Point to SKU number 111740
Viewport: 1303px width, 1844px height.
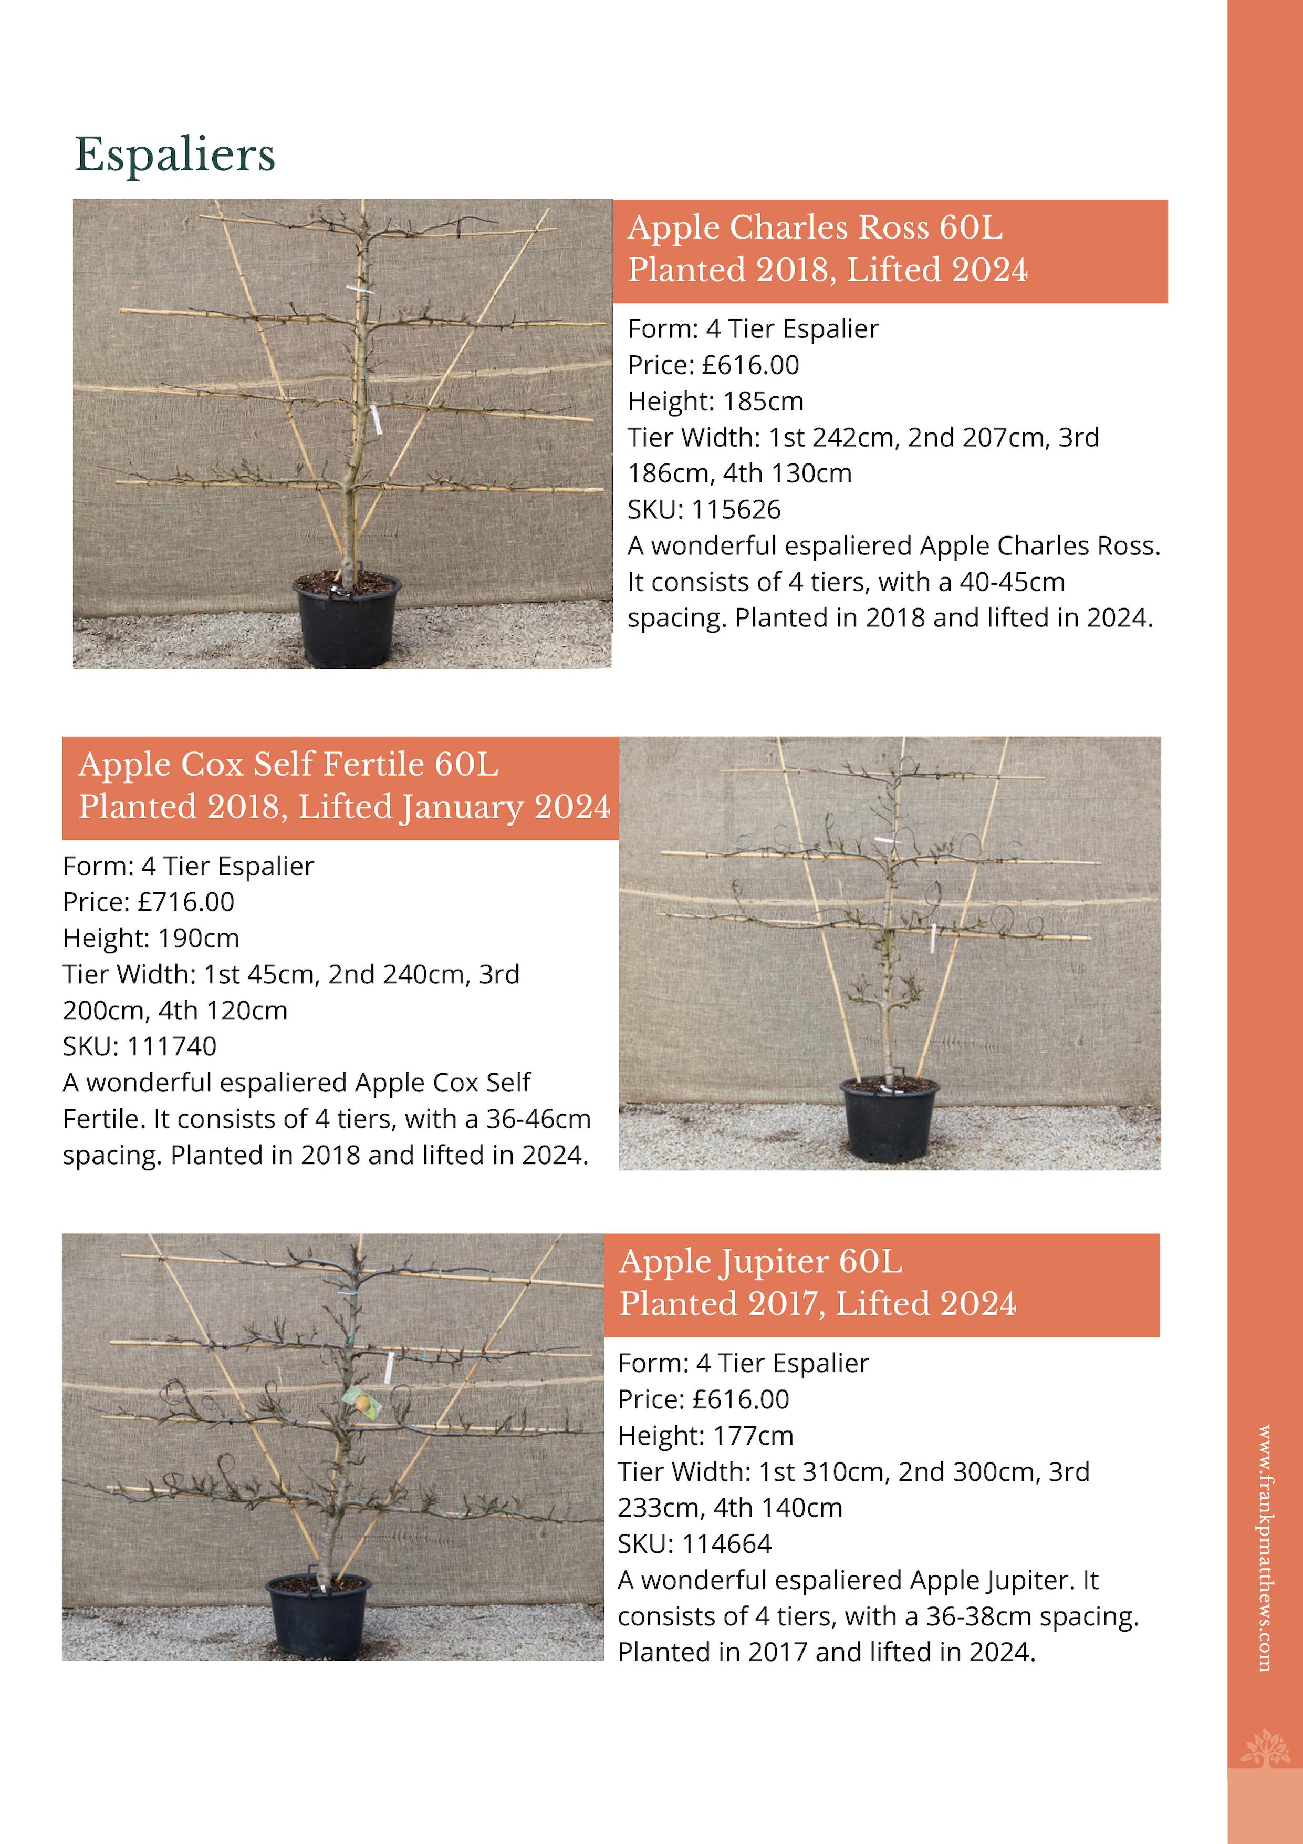pos(172,1046)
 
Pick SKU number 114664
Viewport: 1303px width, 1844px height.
pos(726,1543)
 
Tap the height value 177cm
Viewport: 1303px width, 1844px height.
pos(753,1435)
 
